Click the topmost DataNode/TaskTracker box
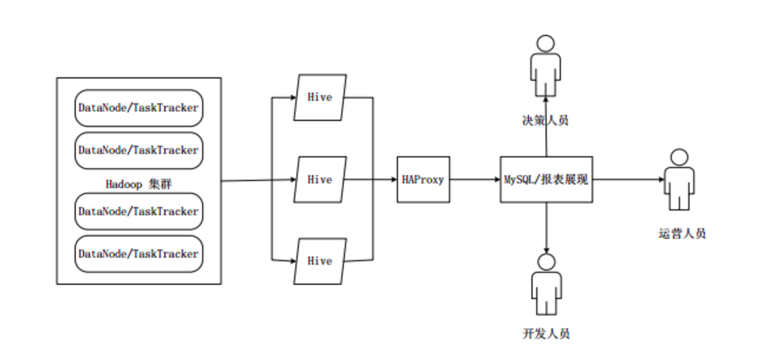pyautogui.click(x=138, y=108)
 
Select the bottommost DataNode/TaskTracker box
pyautogui.click(x=138, y=254)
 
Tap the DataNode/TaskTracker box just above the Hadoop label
pyautogui.click(x=138, y=150)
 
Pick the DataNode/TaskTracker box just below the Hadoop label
pyautogui.click(x=138, y=211)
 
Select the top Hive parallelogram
pyautogui.click(x=320, y=98)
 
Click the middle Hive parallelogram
pyautogui.click(x=320, y=180)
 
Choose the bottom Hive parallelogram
pyautogui.click(x=320, y=261)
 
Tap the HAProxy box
pyautogui.click(x=423, y=180)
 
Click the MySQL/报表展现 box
pyautogui.click(x=546, y=180)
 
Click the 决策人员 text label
pyautogui.click(x=545, y=120)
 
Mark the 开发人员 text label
pyautogui.click(x=546, y=334)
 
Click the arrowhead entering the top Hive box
pyautogui.click(x=292, y=98)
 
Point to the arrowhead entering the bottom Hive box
pyautogui.click(x=292, y=261)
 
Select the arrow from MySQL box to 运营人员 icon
pyautogui.click(x=626, y=180)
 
